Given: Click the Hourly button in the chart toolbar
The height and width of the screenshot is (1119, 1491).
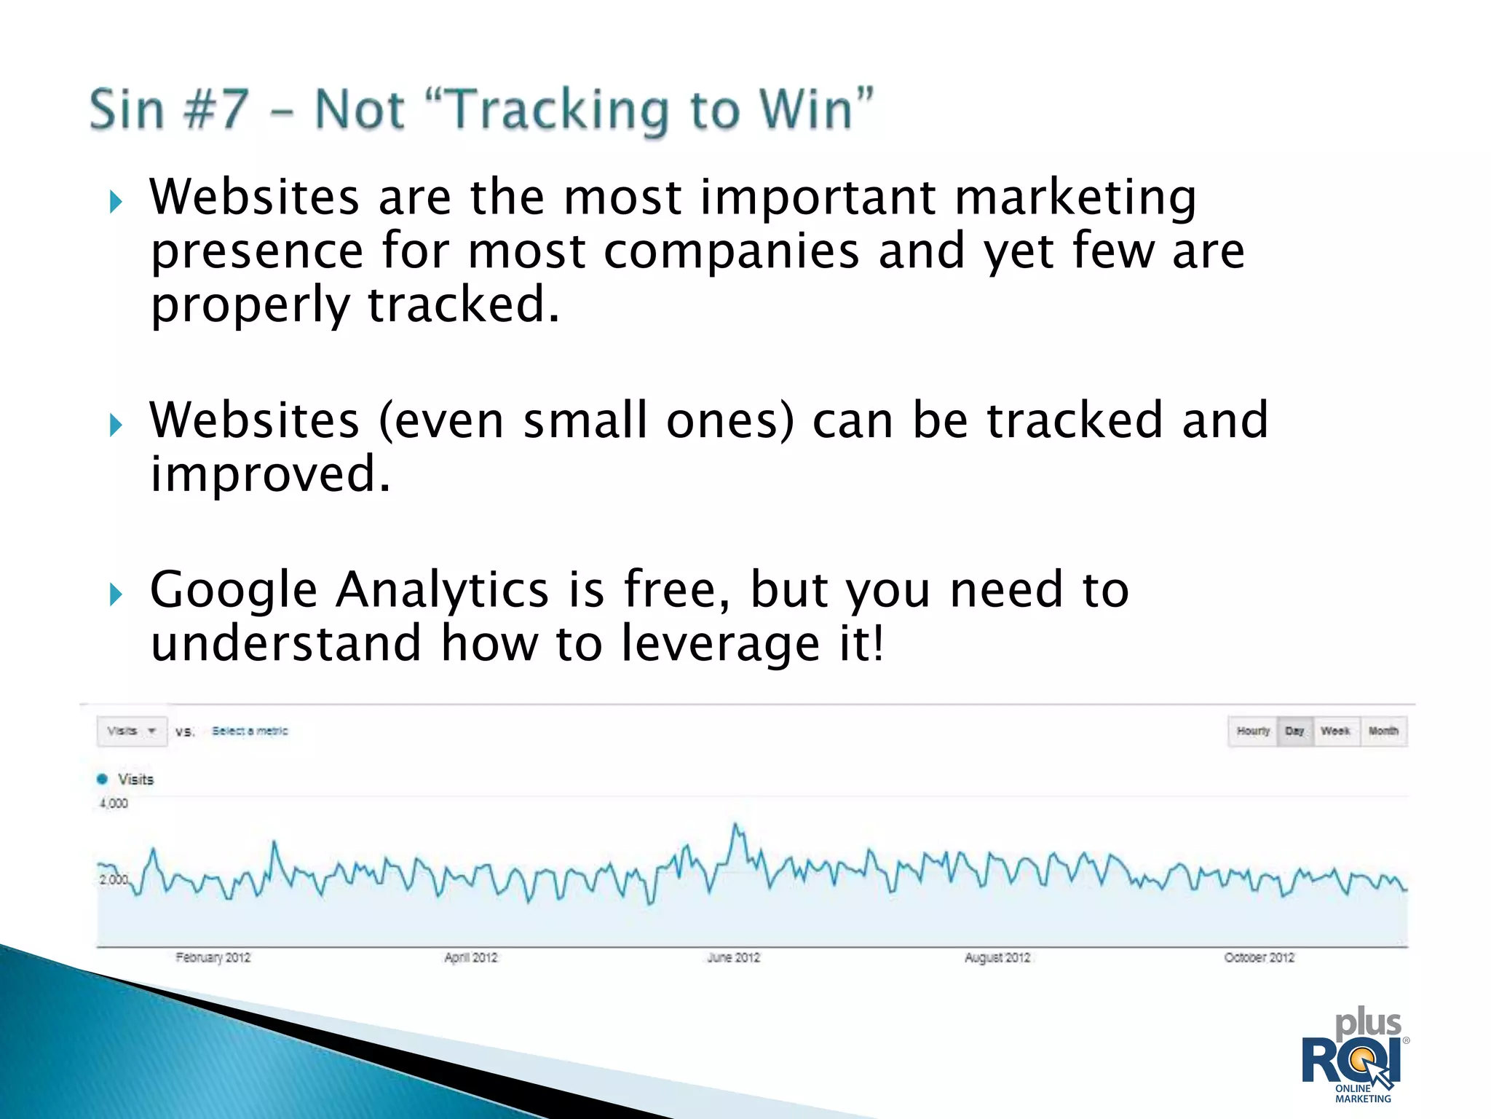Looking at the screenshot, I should pos(1253,731).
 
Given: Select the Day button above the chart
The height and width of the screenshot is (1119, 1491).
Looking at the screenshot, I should pos(1294,731).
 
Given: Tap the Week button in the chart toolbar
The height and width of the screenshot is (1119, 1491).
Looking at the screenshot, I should pos(1335,731).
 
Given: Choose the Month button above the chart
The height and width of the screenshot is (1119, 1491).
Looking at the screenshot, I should pos(1383,731).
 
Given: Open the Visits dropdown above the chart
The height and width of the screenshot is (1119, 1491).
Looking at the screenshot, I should pos(132,731).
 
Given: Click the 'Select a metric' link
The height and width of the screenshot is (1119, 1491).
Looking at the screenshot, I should pos(250,731).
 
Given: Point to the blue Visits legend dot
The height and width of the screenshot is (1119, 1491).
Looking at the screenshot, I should pos(102,779).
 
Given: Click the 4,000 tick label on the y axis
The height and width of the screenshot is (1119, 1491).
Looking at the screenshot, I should pos(114,804).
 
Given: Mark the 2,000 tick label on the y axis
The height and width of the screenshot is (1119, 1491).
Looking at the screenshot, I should pos(113,879).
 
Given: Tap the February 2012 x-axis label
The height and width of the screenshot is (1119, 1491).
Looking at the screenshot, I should pos(213,957).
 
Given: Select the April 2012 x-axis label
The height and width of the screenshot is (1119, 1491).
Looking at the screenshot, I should pos(470,957).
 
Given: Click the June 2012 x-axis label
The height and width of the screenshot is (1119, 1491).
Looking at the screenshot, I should pos(733,957).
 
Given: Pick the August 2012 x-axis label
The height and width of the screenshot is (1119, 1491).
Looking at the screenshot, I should pos(997,957).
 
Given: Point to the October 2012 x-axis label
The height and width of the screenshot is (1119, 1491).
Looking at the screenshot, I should pos(1259,957).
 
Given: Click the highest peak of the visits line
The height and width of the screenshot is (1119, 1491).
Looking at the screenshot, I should pos(735,825).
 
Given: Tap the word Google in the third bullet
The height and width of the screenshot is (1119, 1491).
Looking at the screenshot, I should pos(233,590).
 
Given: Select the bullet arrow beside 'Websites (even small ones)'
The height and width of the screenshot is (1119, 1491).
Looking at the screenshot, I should pos(116,425).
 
